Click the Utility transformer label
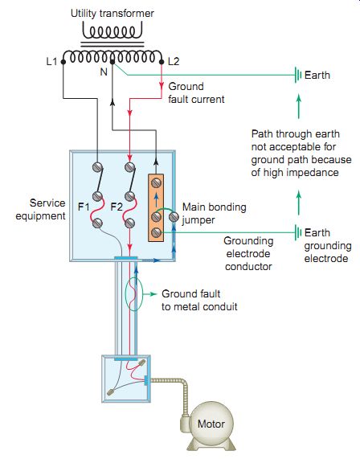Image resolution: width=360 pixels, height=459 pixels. [112, 14]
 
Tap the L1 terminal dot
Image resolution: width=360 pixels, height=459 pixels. [63, 62]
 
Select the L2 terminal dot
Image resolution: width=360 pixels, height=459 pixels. [162, 62]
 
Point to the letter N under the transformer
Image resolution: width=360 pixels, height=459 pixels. [104, 72]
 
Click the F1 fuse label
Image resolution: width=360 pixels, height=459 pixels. [84, 207]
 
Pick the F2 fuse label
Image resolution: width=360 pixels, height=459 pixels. [117, 207]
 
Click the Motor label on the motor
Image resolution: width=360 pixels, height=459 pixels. [211, 424]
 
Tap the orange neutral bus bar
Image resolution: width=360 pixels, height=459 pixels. [156, 207]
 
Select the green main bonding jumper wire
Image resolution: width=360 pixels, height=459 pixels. [165, 210]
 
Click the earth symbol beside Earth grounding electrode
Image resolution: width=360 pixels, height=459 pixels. [298, 232]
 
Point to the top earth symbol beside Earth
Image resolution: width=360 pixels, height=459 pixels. [298, 75]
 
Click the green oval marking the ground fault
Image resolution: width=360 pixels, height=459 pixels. [133, 294]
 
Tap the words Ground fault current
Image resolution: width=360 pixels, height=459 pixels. [196, 92]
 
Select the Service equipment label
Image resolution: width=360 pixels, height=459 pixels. [41, 209]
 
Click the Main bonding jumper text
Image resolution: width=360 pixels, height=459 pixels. [214, 213]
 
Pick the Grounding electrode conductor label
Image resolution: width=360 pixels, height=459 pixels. [248, 253]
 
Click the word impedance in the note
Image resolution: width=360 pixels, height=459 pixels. [313, 173]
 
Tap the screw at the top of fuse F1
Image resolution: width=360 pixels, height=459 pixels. [97, 167]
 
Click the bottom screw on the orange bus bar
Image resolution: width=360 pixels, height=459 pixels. [156, 233]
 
